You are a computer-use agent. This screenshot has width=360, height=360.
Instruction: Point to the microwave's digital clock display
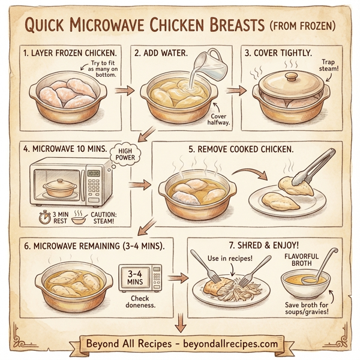point(93,173)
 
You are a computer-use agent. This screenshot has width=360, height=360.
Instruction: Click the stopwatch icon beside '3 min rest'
point(43,215)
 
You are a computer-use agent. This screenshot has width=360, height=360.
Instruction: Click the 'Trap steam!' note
point(329,67)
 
